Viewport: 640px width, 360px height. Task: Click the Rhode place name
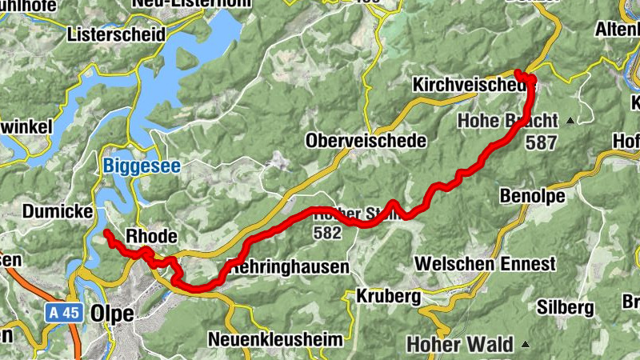tap(151, 237)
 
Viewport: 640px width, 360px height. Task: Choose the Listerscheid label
tap(116, 35)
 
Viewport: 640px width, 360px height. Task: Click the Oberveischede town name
tap(366, 141)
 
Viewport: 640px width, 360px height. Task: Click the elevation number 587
tap(542, 142)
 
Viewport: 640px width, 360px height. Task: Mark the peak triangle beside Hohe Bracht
tap(570, 122)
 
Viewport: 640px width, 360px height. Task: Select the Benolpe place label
tap(532, 196)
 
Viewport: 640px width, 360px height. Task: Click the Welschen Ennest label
tap(485, 263)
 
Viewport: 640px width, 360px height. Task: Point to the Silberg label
tap(566, 306)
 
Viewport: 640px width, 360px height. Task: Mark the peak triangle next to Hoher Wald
tap(526, 344)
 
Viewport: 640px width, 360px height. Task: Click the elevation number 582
tap(328, 234)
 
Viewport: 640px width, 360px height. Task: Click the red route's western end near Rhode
tap(107, 234)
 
